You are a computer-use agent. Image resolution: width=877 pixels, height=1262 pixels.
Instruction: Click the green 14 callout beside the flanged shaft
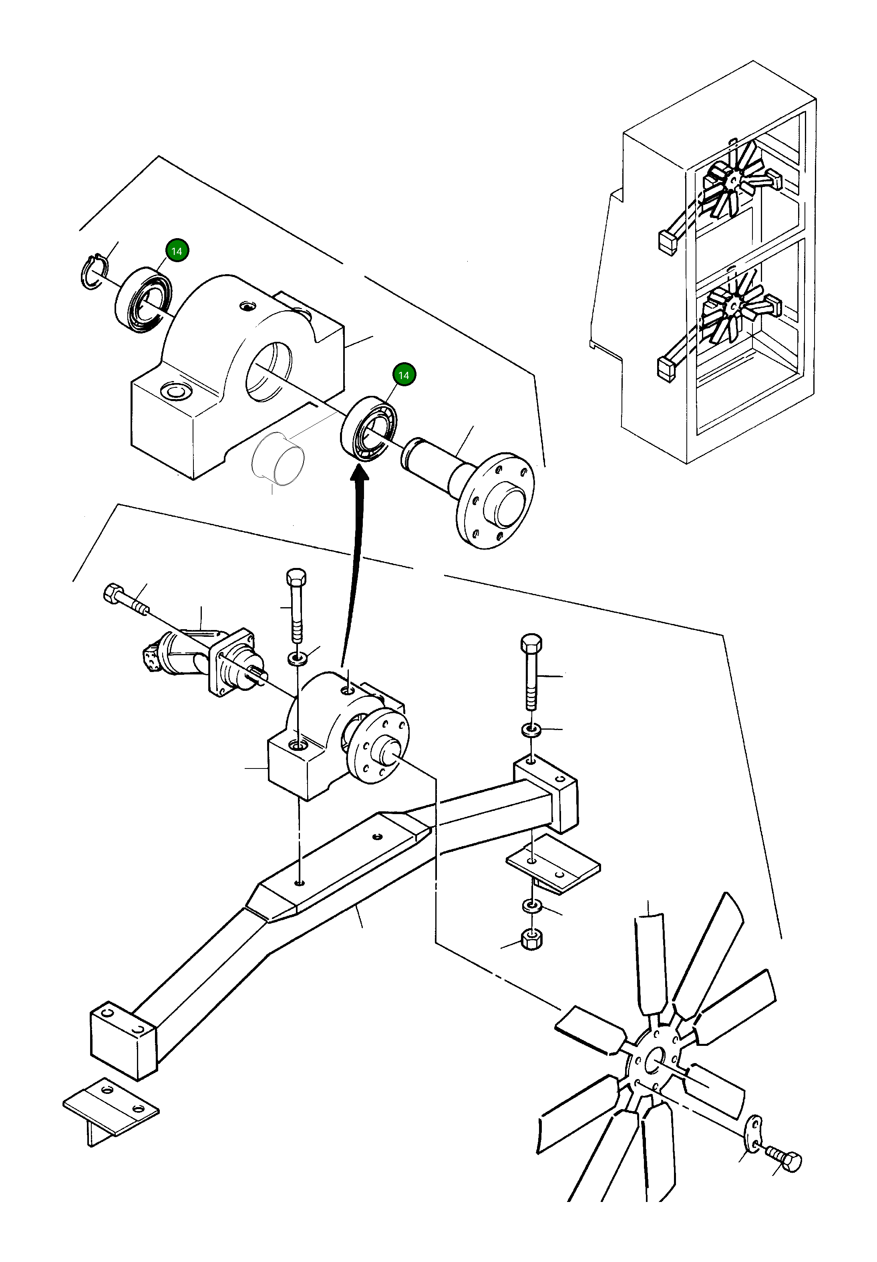pyautogui.click(x=404, y=375)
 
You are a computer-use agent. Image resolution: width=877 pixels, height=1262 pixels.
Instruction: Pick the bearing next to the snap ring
pyautogui.click(x=143, y=299)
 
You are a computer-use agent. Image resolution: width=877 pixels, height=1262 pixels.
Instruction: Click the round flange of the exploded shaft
pyautogui.click(x=495, y=500)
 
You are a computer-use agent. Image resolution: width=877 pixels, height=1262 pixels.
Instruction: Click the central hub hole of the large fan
pyautogui.click(x=654, y=1059)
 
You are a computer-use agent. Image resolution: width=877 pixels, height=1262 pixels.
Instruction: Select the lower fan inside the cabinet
pyautogui.click(x=734, y=307)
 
